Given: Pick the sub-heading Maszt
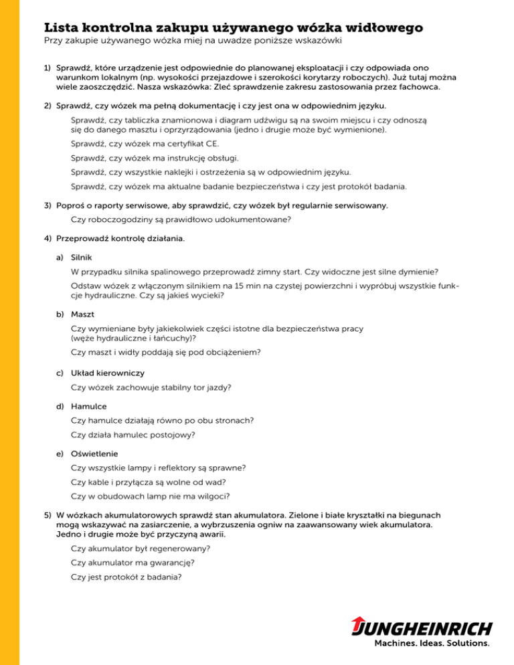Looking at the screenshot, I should [82, 313].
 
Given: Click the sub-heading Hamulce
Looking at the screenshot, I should [88, 405].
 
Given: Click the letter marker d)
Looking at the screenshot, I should [60, 405].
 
